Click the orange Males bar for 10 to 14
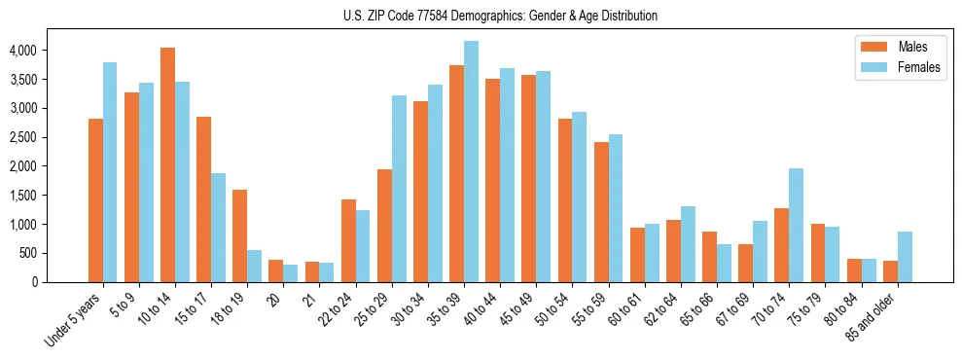pos(167,165)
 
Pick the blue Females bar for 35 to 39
pos(471,162)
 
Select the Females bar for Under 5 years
pos(110,172)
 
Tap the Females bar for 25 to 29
pos(399,189)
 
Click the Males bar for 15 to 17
pos(203,199)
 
